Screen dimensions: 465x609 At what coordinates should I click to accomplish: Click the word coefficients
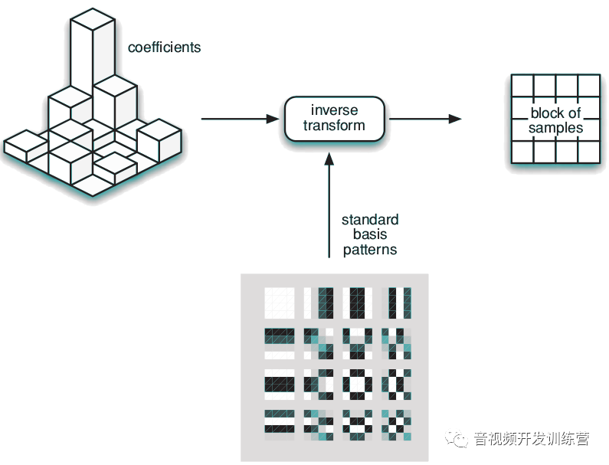[164, 47]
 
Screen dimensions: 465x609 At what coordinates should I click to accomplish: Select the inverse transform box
[334, 118]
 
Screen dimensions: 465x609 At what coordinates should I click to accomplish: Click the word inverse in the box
[334, 110]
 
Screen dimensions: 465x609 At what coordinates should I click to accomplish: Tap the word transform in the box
[334, 126]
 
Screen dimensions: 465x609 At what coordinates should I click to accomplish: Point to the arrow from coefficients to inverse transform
[238, 119]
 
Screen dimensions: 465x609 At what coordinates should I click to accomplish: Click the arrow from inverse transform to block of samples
[424, 119]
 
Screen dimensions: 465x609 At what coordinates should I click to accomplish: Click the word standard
[370, 221]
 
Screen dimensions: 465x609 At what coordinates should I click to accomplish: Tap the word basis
[370, 235]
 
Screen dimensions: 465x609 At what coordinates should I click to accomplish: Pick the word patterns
[370, 250]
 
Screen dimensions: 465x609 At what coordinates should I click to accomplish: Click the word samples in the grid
[555, 128]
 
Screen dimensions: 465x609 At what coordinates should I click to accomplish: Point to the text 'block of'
[555, 113]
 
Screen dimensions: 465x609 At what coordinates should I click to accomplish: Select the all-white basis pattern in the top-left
[279, 302]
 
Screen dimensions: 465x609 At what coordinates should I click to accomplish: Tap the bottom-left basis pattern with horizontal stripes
[279, 423]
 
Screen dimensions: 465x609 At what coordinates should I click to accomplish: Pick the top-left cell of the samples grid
[522, 85]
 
